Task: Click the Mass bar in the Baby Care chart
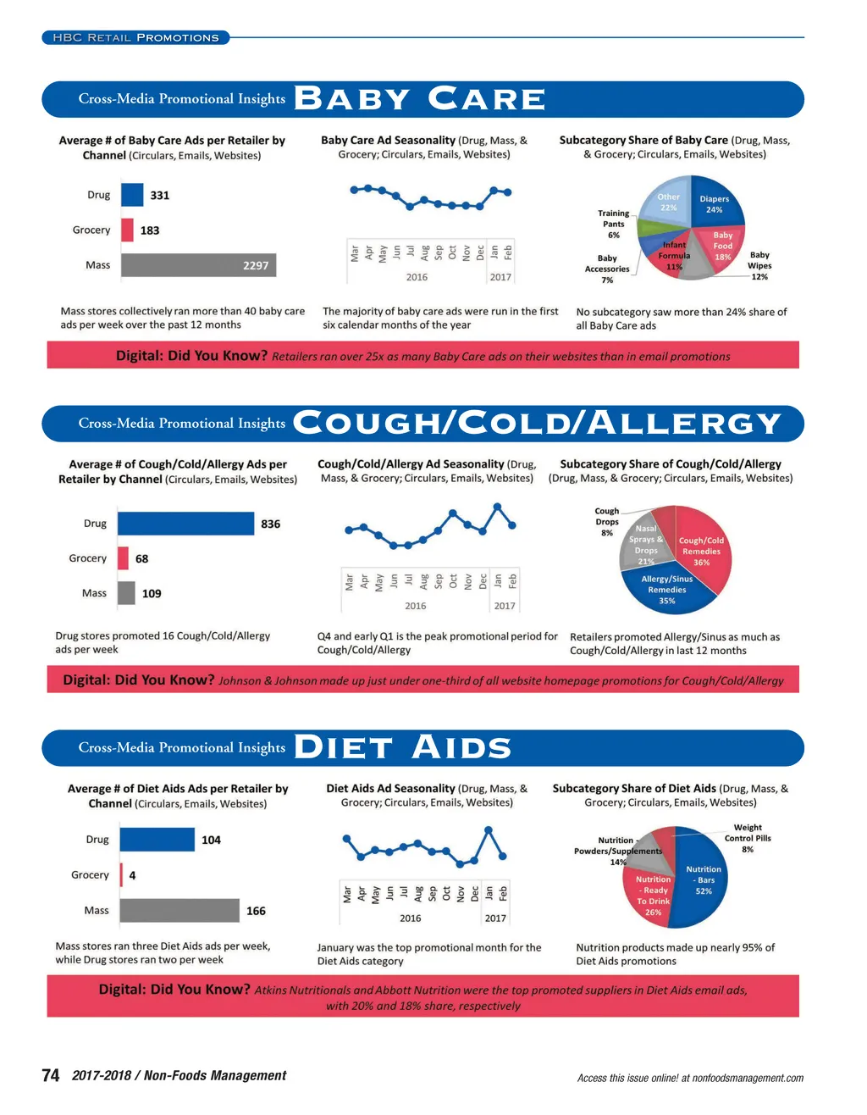[x=198, y=265]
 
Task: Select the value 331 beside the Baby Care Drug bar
[x=160, y=196]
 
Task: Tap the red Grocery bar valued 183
[x=127, y=230]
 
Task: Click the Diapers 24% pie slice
[x=713, y=203]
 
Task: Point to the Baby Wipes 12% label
[x=759, y=266]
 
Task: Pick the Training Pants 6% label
[x=614, y=225]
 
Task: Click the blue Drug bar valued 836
[x=185, y=524]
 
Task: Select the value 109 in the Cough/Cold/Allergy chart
[x=152, y=594]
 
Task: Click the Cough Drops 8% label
[x=607, y=522]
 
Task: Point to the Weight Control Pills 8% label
[x=748, y=838]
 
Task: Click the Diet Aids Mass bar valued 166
[x=179, y=911]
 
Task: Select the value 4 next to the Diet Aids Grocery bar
[x=132, y=875]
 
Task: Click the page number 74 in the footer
[x=51, y=1075]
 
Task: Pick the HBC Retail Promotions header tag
[x=135, y=37]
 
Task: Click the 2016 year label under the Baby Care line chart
[x=417, y=277]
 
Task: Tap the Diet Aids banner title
[x=402, y=748]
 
